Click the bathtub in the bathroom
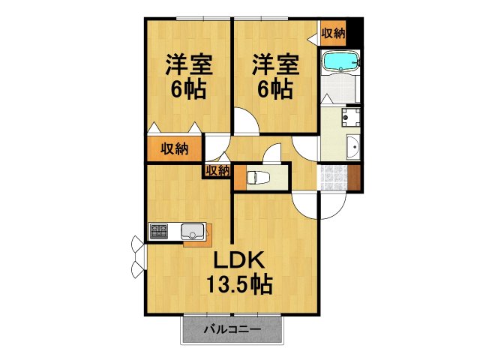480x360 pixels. [340, 61]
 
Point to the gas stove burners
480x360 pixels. [160, 231]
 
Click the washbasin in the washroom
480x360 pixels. [352, 147]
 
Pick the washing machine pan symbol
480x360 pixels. [349, 118]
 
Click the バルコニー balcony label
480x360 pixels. [232, 328]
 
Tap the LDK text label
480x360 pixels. [238, 262]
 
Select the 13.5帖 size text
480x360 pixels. [239, 285]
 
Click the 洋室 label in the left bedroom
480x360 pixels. [189, 64]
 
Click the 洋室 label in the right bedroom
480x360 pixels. [274, 64]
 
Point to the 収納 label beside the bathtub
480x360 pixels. [334, 32]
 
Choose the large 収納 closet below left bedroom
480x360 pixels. [174, 148]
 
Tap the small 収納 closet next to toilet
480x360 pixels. [217, 170]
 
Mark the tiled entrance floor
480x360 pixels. [334, 177]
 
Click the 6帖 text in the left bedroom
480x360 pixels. [189, 89]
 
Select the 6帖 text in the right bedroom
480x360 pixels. [274, 89]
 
